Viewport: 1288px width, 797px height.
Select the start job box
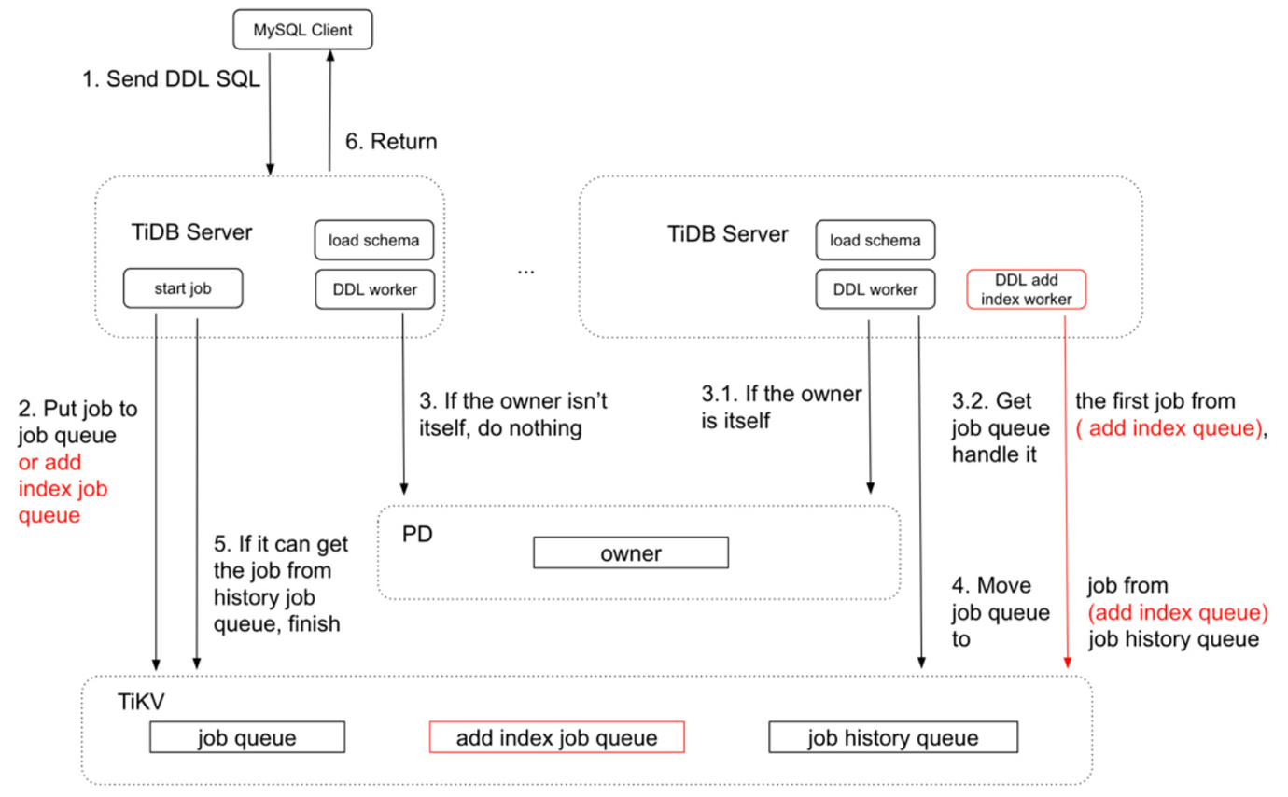[x=183, y=289]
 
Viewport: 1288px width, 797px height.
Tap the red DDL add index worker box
[x=1027, y=289]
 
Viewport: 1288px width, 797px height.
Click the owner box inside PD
[x=630, y=553]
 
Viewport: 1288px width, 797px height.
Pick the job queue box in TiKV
[x=246, y=738]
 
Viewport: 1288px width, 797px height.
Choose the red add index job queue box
[x=556, y=738]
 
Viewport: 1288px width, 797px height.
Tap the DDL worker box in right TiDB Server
[x=875, y=289]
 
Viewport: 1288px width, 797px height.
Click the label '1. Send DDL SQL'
[x=171, y=80]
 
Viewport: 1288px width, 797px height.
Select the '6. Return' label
[x=390, y=142]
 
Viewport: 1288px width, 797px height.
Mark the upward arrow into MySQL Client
[x=329, y=112]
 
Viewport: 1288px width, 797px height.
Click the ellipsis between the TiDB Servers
[x=525, y=271]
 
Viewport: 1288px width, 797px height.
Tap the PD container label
[x=419, y=535]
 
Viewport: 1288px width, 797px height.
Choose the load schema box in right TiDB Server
[x=875, y=241]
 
